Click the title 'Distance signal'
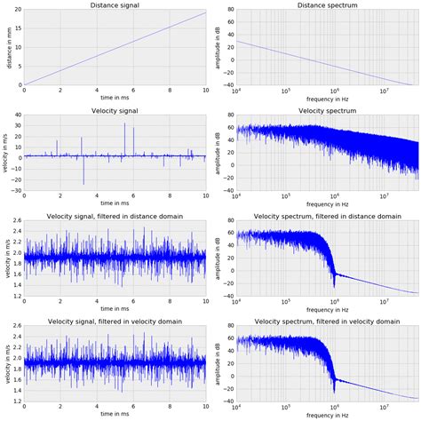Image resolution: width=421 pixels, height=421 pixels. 115,5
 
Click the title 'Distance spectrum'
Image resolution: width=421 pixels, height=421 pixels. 326,5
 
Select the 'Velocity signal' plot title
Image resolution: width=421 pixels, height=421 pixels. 115,111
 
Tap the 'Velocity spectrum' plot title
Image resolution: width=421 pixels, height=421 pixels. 326,111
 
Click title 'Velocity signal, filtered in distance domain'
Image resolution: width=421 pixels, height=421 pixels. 115,217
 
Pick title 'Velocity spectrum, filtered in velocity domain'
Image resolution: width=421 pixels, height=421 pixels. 326,322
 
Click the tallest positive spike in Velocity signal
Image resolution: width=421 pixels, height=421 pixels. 124,124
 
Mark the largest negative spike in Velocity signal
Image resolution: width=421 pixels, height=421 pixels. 83,183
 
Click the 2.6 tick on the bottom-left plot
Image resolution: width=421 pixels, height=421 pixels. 15,326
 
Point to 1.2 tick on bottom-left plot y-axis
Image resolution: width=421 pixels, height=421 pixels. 15,401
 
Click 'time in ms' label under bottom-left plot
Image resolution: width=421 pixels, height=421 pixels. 115,415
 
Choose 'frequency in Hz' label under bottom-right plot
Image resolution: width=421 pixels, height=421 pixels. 326,415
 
